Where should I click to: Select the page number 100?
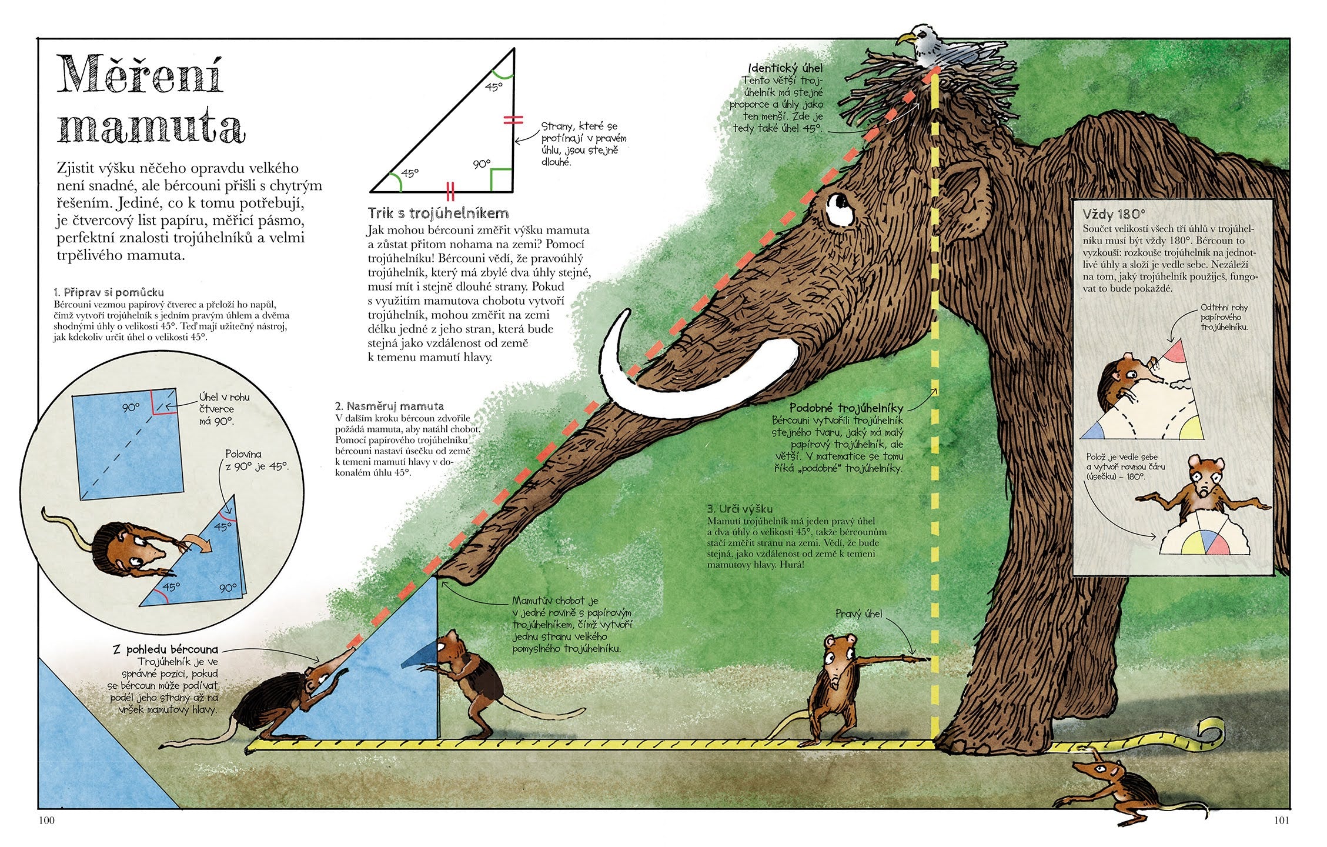(x=46, y=821)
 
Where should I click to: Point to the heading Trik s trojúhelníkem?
(x=438, y=212)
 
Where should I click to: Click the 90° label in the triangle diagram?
(x=482, y=164)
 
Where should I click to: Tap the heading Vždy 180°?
(x=1114, y=214)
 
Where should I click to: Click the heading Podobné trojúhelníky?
(x=846, y=408)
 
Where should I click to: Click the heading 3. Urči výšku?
(x=740, y=509)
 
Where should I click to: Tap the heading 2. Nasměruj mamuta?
(x=389, y=406)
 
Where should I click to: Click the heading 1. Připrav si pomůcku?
(x=109, y=292)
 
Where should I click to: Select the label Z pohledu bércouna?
(x=165, y=649)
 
